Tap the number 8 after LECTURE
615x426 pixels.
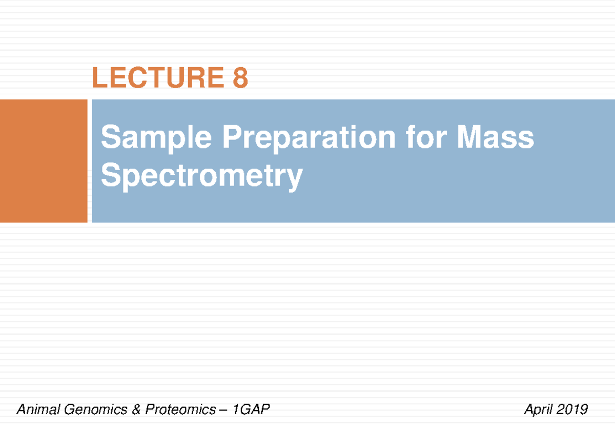tap(239, 78)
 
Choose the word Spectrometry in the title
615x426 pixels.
tap(201, 176)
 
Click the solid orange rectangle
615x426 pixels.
tap(44, 161)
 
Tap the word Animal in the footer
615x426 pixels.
tap(36, 410)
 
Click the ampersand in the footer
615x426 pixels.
tap(136, 410)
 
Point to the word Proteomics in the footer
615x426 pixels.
tap(180, 410)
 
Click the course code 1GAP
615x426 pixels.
tap(251, 410)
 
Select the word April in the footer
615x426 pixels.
tap(537, 410)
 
